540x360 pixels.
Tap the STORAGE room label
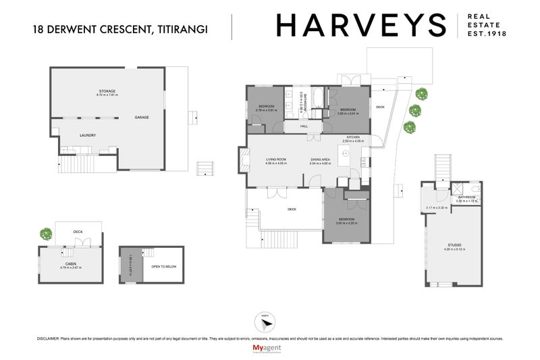(x=107, y=92)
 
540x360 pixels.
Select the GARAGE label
(x=142, y=118)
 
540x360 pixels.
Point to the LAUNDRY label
(x=88, y=135)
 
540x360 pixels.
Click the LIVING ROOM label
(x=275, y=159)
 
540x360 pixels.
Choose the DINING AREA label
(x=320, y=159)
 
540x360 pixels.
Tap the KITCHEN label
(x=354, y=138)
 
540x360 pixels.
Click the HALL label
(x=304, y=126)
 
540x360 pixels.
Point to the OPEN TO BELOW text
(x=164, y=267)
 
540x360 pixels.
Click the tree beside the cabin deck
(x=45, y=234)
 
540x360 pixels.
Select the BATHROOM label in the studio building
(x=466, y=198)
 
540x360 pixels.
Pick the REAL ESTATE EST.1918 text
(x=487, y=26)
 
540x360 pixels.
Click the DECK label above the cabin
(x=78, y=232)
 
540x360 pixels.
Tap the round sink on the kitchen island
(x=342, y=154)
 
